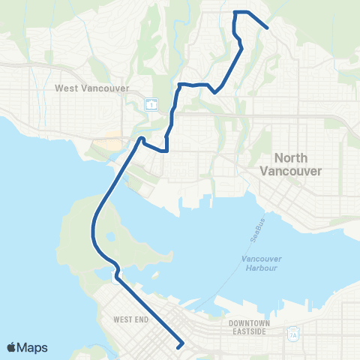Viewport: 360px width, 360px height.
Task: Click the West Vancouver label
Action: pyautogui.click(x=88, y=88)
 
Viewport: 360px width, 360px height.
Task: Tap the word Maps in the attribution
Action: pyautogui.click(x=33, y=347)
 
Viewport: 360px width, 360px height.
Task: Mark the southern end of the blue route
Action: pyautogui.click(x=179, y=346)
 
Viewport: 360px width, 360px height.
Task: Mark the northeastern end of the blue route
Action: pyautogui.click(x=268, y=28)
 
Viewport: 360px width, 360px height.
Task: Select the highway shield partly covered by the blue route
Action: pyautogui.click(x=115, y=278)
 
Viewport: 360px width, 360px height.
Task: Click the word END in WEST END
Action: pyautogui.click(x=136, y=319)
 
